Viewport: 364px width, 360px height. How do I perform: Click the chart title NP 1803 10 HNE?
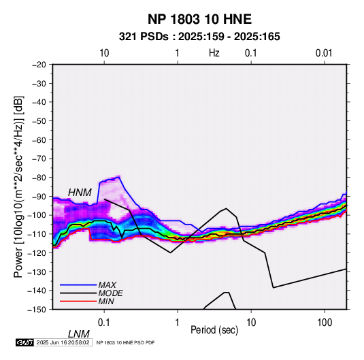199,19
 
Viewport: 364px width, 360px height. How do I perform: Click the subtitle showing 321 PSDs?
199,37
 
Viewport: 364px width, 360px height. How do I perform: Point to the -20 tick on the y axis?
39,65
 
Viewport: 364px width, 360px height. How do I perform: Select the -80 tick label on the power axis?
39,178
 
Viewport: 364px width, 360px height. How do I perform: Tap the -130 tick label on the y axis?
37,272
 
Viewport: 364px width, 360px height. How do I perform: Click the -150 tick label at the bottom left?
37,310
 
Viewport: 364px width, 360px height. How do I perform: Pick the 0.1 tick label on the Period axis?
104,323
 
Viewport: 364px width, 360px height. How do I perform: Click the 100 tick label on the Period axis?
325,323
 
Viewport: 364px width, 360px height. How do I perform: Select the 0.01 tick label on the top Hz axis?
324,53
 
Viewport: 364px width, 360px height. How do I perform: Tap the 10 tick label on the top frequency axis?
104,53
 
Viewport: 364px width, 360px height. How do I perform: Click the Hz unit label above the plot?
214,53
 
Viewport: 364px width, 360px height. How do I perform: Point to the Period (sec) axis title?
214,330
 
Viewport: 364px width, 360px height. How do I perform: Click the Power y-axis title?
18,186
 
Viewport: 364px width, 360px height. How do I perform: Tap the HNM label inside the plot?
80,193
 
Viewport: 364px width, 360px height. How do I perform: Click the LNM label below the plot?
79,334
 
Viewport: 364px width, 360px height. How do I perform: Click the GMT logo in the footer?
25,342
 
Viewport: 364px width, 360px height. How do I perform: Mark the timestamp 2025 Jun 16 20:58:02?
63,342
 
